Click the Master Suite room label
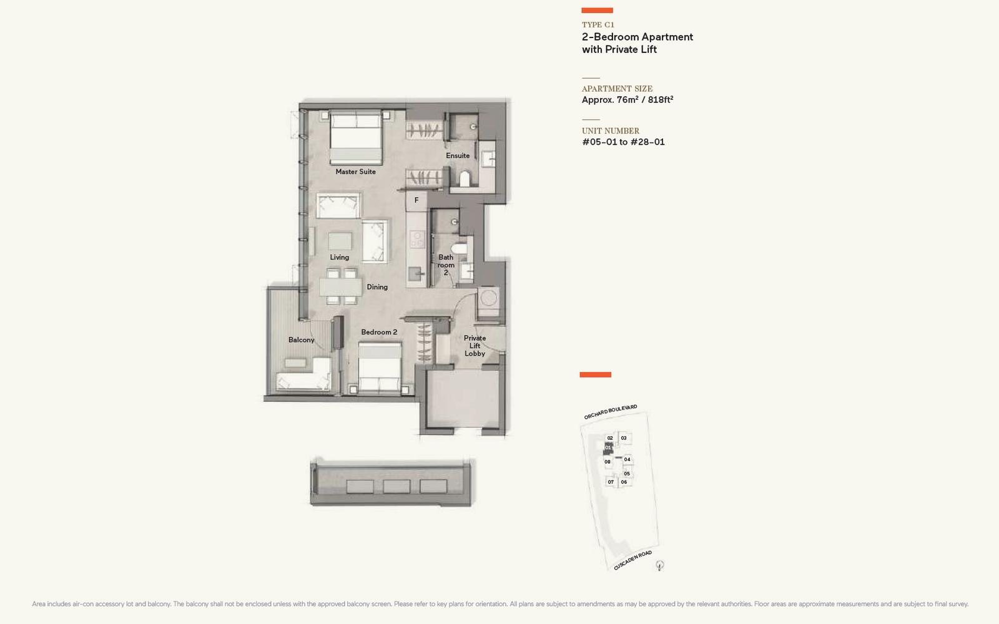pyautogui.click(x=355, y=172)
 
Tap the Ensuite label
pyautogui.click(x=458, y=155)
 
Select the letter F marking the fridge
pyautogui.click(x=416, y=200)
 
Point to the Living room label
pyautogui.click(x=340, y=257)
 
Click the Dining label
pyautogui.click(x=377, y=287)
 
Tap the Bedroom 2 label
pyautogui.click(x=379, y=332)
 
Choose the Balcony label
pyautogui.click(x=302, y=339)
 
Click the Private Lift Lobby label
pyautogui.click(x=475, y=346)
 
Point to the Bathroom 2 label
pyautogui.click(x=446, y=265)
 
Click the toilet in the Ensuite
pyautogui.click(x=465, y=178)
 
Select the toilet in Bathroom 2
pyautogui.click(x=459, y=248)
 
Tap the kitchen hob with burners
pyautogui.click(x=418, y=238)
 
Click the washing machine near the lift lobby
pyautogui.click(x=489, y=298)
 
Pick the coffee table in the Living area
pyautogui.click(x=340, y=241)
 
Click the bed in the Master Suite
pyautogui.click(x=356, y=138)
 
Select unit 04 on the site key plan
pyautogui.click(x=627, y=459)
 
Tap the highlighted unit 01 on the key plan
pyautogui.click(x=608, y=448)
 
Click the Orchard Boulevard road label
pyautogui.click(x=611, y=412)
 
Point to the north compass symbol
pyautogui.click(x=660, y=565)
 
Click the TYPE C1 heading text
pyautogui.click(x=598, y=24)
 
